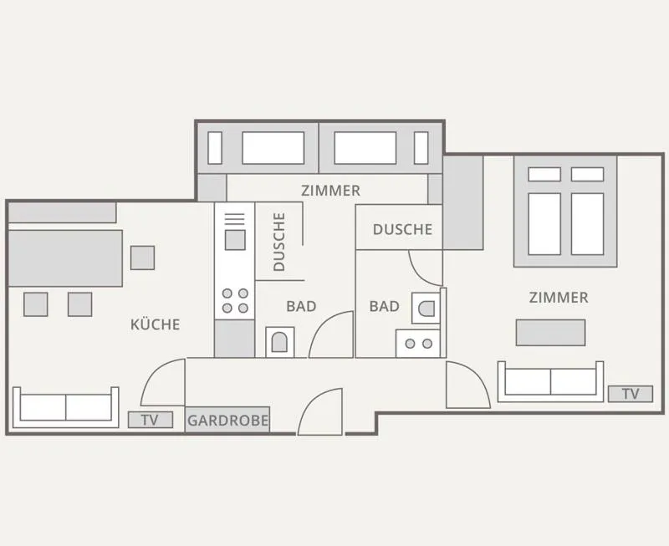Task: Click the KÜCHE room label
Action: tap(156, 324)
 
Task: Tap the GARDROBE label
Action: tap(227, 421)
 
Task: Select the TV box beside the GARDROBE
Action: tap(151, 420)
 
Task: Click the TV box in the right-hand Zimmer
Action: tap(631, 394)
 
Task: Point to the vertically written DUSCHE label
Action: tap(279, 242)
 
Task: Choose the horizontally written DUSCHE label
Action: tap(402, 229)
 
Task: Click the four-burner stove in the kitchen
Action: tap(235, 301)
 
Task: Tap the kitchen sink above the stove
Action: tap(235, 240)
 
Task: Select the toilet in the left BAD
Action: tap(280, 342)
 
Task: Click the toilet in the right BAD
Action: tap(426, 309)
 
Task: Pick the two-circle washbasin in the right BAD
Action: tap(418, 344)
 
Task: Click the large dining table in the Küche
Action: tap(65, 258)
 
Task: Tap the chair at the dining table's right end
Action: tap(142, 258)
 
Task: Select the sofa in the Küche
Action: tap(66, 407)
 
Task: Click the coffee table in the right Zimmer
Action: tap(550, 332)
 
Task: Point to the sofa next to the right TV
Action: tap(550, 381)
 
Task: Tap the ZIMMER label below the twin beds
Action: tap(330, 191)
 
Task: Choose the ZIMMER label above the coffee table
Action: tap(559, 298)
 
